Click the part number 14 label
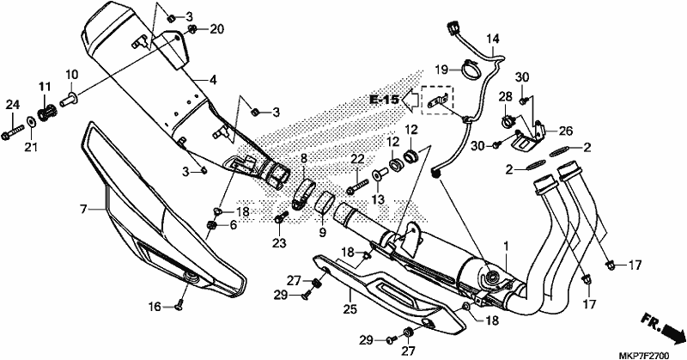492,40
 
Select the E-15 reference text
384,100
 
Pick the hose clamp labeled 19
468,70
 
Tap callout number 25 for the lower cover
350,309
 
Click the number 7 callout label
83,209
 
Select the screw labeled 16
179,307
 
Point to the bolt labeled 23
281,217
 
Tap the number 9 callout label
323,231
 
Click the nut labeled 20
192,30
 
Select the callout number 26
566,131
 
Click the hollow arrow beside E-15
410,101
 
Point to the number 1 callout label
506,246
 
